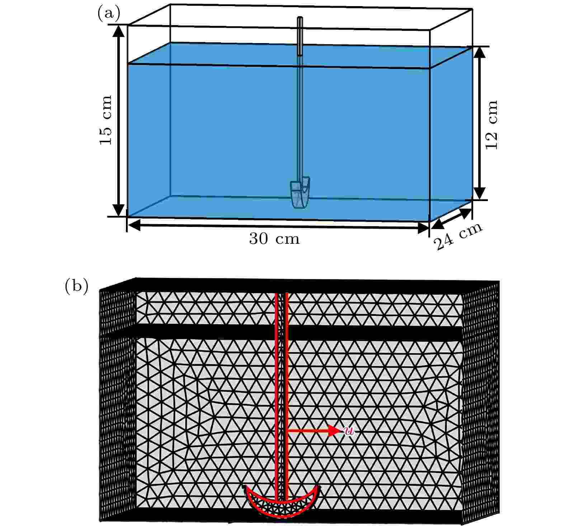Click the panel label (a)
(109, 14)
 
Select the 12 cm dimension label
(491, 124)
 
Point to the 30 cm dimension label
(274, 239)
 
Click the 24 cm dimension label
(458, 236)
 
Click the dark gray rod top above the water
(300, 36)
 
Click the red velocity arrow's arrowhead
(334, 430)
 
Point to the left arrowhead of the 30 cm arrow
(133, 225)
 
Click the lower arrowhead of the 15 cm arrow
(119, 210)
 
